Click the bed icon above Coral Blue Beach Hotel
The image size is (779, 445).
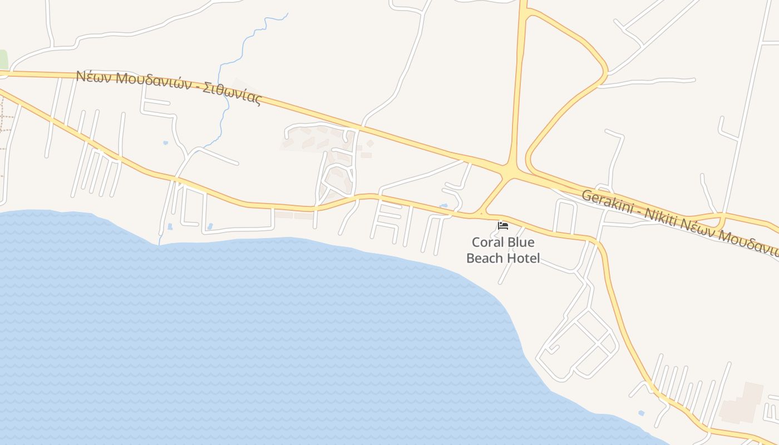tap(503, 225)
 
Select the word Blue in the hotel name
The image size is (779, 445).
tap(521, 243)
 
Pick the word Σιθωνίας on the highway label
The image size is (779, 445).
tap(232, 94)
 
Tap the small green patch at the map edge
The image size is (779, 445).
tap(3, 59)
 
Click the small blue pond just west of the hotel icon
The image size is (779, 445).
tap(443, 206)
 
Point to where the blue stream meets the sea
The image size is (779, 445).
tap(159, 243)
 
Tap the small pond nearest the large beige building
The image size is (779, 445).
tap(642, 413)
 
